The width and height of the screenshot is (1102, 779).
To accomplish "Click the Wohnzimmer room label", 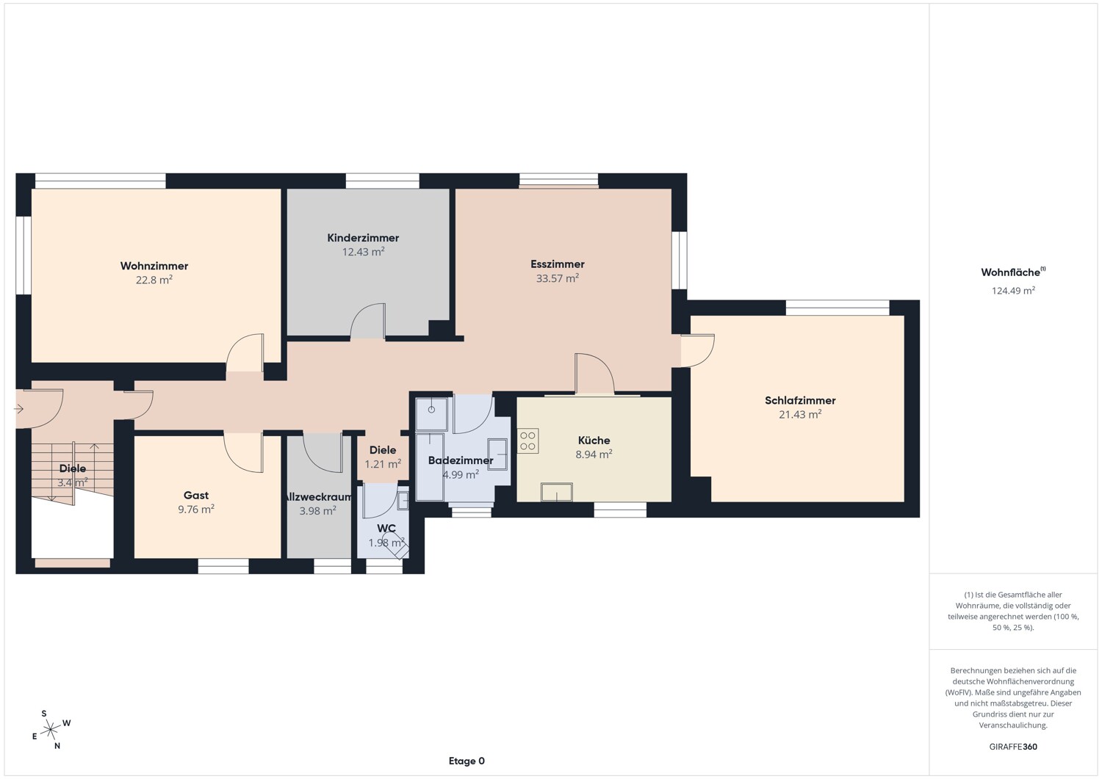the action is pos(154,266).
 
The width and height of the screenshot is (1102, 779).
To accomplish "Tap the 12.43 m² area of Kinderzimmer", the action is pos(363,252).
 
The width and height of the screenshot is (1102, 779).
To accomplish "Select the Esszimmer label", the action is pos(558,264).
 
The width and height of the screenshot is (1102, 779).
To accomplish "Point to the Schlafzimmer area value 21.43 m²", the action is pos(800,415).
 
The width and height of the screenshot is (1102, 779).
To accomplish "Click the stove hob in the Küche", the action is pos(528,441).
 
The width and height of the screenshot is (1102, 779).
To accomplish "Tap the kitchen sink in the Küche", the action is pos(556,492).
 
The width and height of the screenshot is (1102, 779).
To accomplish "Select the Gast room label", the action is pos(196,496).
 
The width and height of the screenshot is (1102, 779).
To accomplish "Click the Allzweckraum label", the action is pos(319,497).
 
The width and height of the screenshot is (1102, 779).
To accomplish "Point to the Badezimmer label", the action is pos(461,460).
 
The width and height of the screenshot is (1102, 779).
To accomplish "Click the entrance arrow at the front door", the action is pos(18,409).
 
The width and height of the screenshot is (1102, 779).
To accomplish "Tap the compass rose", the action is pos(50,730).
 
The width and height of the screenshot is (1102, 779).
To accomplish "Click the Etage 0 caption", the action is pos(467,761).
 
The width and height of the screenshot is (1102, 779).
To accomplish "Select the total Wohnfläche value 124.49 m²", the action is pos(1013,291).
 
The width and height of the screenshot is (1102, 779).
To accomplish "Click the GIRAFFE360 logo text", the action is pos(1013,747).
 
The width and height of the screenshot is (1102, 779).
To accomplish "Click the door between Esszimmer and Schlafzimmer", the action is pos(698,351).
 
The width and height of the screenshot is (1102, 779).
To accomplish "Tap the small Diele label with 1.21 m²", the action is pos(383,457).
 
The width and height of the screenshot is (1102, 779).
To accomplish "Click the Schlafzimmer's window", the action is pos(838,308).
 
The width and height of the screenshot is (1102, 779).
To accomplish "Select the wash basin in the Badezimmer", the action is pos(497,454).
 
